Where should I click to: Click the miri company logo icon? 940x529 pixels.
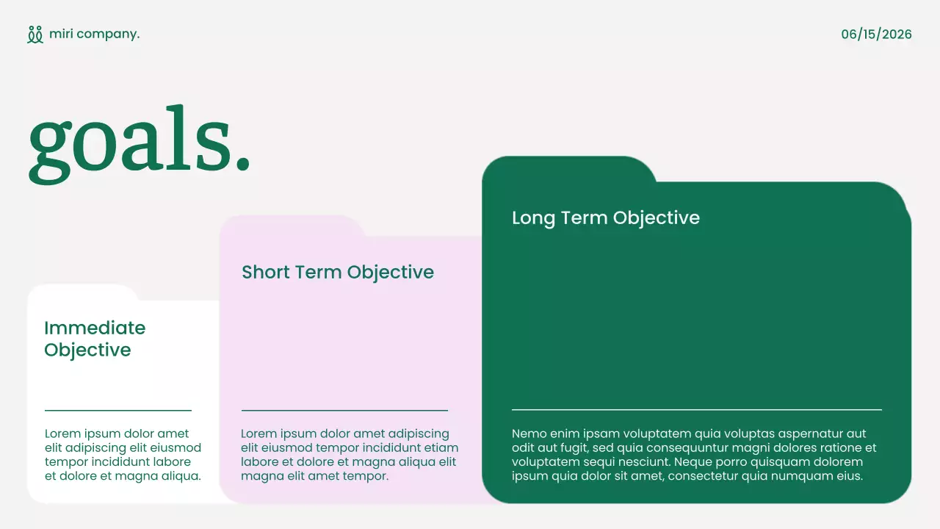pos(35,35)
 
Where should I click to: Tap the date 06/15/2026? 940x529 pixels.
pos(876,35)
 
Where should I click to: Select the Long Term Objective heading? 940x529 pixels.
pos(605,218)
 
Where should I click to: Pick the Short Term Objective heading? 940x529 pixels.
pos(338,273)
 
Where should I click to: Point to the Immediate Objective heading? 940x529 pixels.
pos(95,339)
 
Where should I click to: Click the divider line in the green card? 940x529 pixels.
pos(696,409)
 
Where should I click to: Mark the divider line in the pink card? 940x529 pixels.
pos(344,411)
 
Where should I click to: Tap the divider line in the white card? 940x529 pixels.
pos(117,411)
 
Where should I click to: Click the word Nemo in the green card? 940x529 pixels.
pos(529,433)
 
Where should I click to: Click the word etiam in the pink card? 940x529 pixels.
pos(444,447)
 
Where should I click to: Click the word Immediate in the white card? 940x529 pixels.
pos(95,328)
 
